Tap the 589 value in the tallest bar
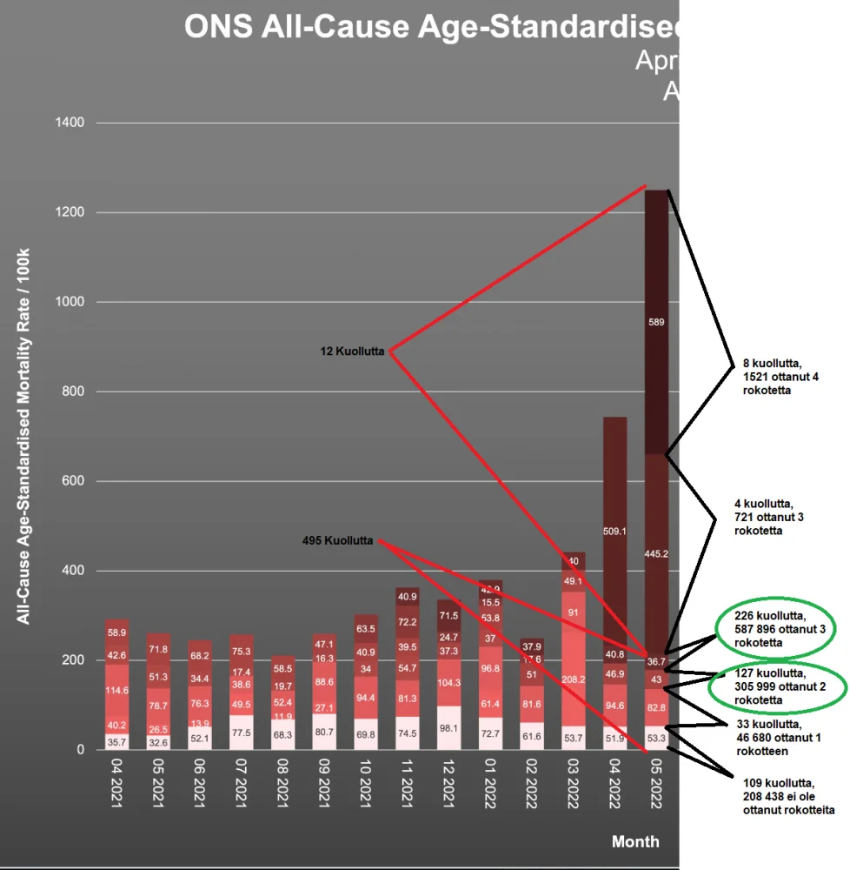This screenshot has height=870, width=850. click(657, 322)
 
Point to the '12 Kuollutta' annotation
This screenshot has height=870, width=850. click(352, 351)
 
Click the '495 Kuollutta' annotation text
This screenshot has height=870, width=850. click(338, 540)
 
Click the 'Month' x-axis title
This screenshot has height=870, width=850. click(634, 841)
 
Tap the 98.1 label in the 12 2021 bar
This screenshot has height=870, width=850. click(449, 728)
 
